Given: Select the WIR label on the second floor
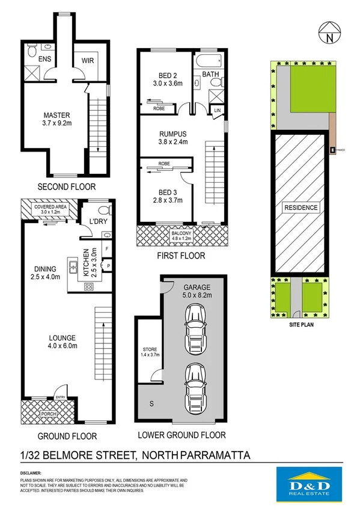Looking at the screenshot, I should coord(83,60).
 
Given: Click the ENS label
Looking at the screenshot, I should coord(45,60).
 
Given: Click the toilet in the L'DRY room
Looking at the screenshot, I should coord(103,210).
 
